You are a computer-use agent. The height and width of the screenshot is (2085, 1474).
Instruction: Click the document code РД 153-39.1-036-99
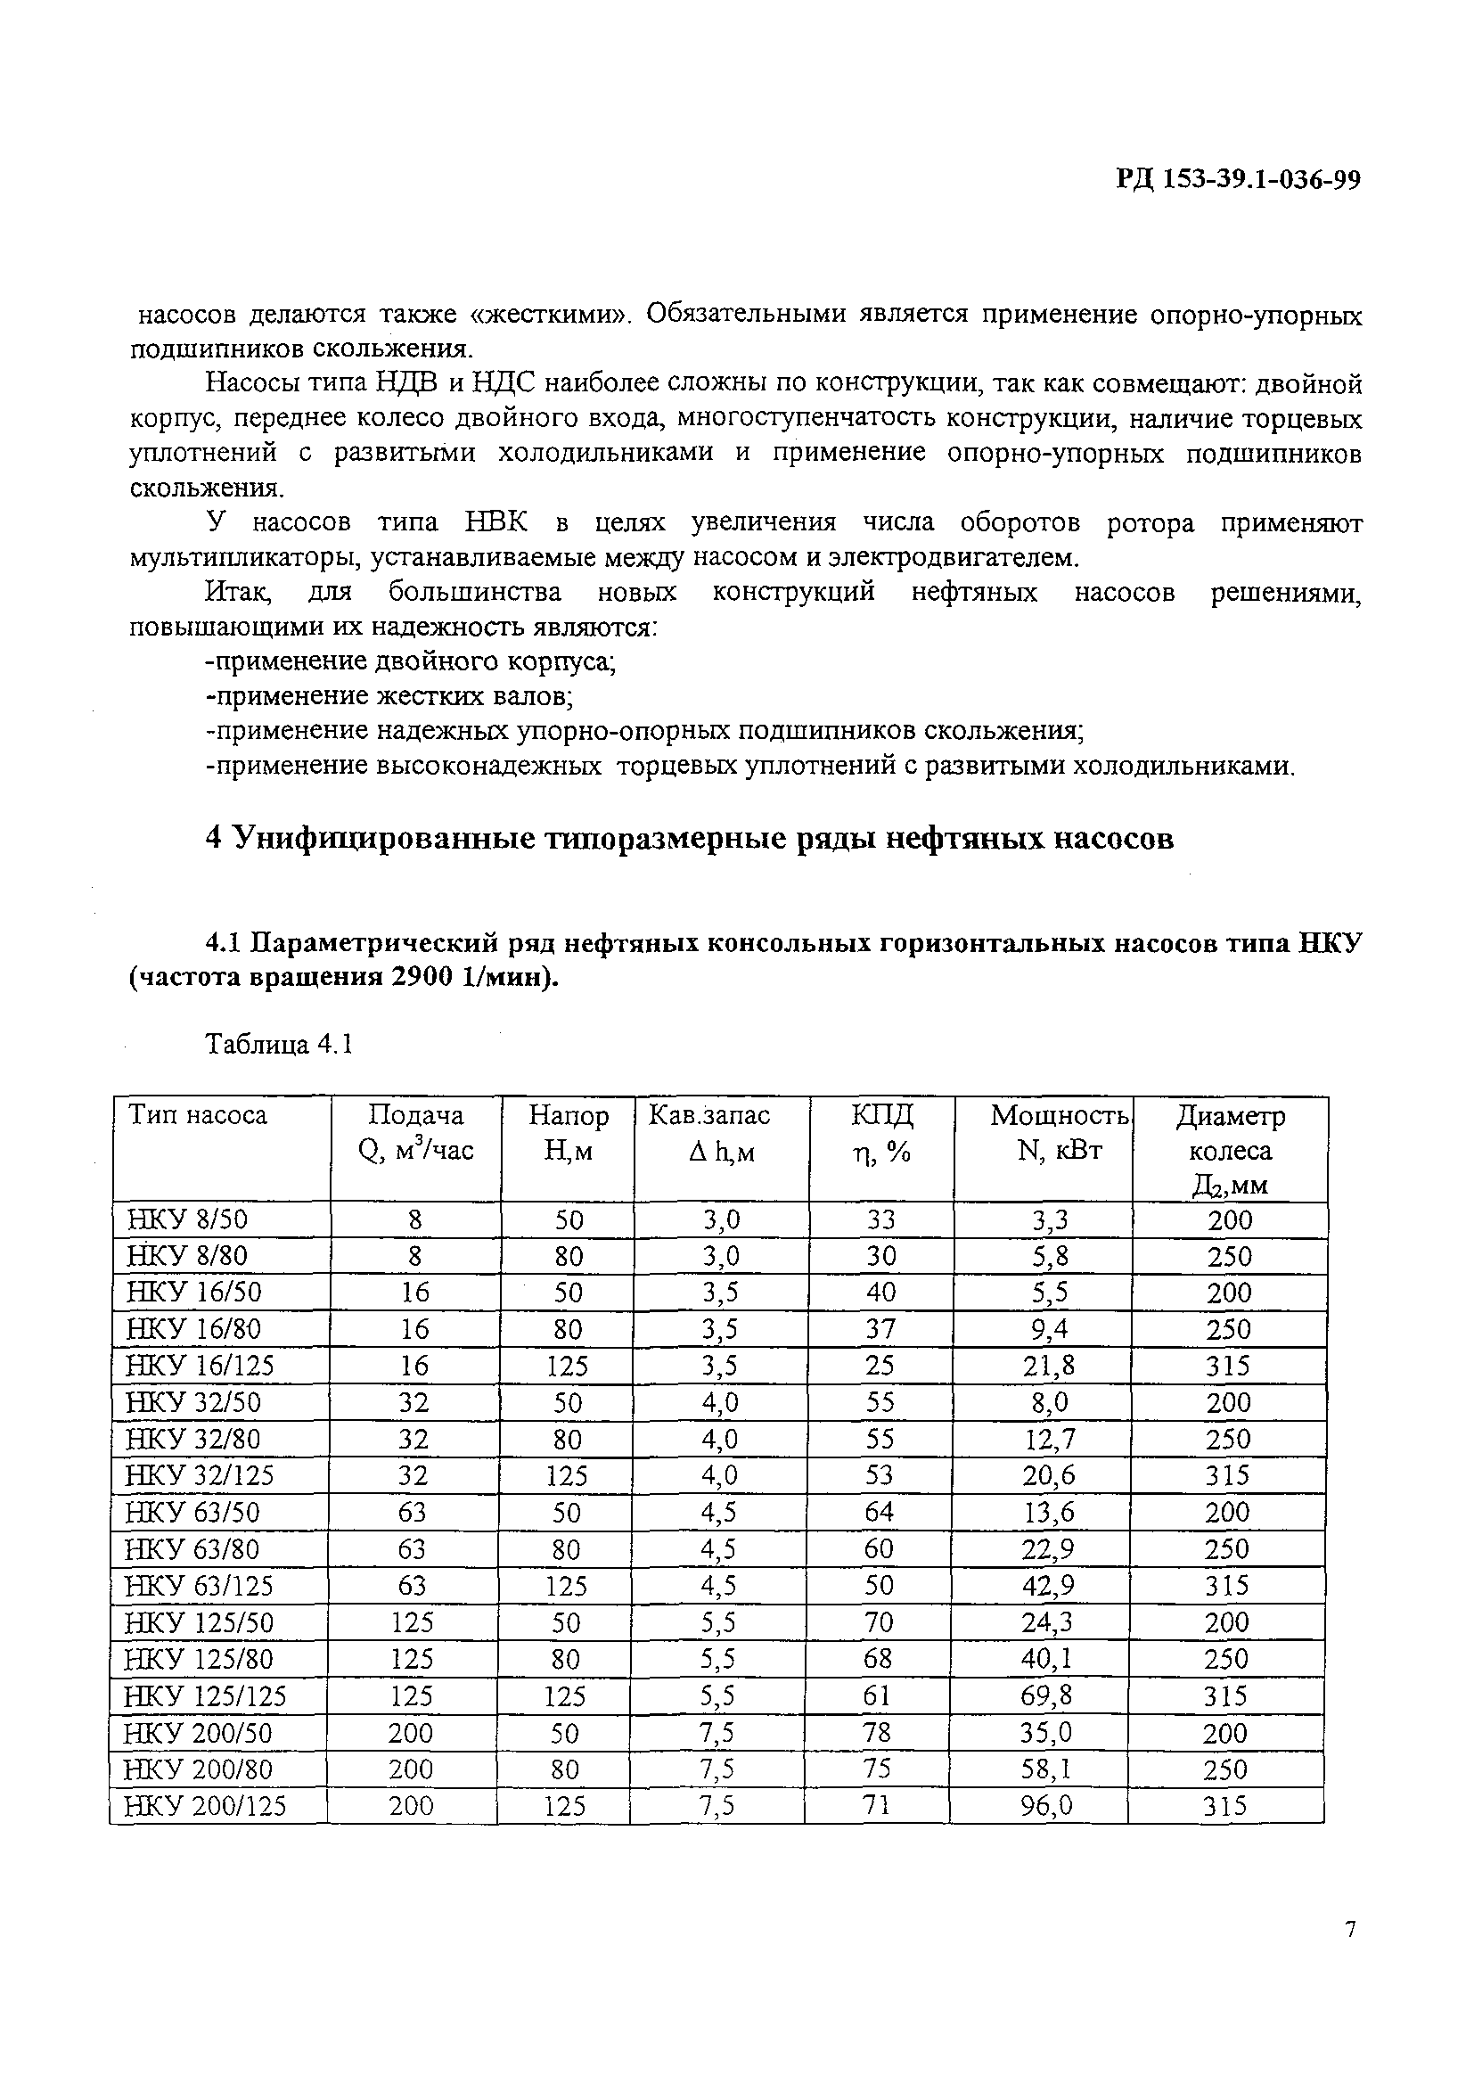click(x=1238, y=181)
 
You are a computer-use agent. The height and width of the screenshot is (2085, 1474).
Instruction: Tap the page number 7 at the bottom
click(x=1350, y=1954)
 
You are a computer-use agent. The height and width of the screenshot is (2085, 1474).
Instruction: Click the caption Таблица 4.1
click(x=279, y=1045)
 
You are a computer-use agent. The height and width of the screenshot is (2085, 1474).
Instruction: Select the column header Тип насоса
click(x=198, y=1115)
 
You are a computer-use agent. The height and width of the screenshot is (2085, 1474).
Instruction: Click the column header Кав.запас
click(x=708, y=1115)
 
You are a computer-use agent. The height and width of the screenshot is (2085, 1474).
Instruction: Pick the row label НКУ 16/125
click(x=200, y=1366)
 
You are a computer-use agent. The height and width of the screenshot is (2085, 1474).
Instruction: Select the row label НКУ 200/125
click(x=205, y=1806)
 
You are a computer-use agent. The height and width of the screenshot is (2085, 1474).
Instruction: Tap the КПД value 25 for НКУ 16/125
click(x=880, y=1365)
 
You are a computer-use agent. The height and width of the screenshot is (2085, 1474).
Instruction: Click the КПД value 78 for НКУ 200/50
click(x=878, y=1733)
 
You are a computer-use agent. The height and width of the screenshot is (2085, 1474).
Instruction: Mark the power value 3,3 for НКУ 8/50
click(x=1050, y=1219)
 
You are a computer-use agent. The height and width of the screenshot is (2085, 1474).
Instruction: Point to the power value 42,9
click(x=1048, y=1586)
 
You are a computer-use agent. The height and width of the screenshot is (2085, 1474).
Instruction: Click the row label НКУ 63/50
click(x=192, y=1512)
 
